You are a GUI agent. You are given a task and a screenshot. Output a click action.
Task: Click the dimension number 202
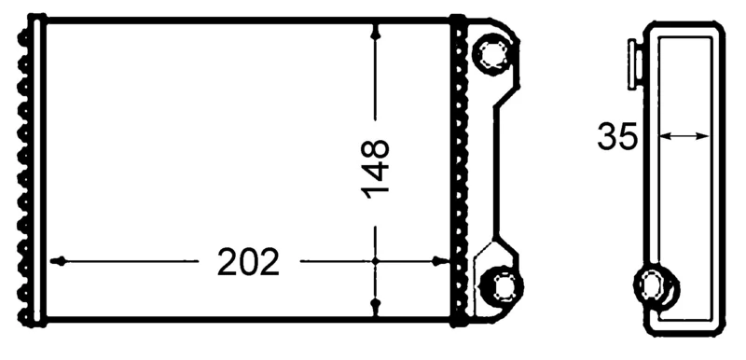click(x=248, y=261)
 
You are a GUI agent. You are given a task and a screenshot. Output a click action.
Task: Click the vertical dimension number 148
click(x=376, y=169)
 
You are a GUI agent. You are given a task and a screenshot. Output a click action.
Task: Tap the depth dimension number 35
click(x=617, y=136)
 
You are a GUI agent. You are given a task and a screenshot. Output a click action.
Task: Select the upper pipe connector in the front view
click(x=491, y=54)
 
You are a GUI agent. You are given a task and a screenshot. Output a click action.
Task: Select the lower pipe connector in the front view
click(x=503, y=287)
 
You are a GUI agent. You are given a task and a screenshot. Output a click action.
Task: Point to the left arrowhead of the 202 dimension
click(x=58, y=261)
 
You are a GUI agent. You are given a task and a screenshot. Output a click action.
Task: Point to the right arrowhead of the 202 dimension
click(x=440, y=261)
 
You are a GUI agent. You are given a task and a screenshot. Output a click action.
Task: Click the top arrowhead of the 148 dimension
click(x=376, y=31)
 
